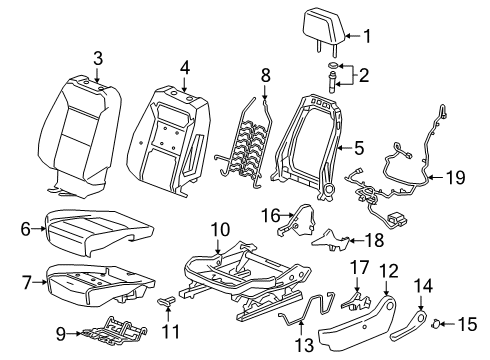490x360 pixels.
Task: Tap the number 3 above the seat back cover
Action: pos(98,59)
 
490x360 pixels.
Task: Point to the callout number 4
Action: pos(184,68)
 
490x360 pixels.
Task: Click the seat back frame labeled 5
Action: pos(318,140)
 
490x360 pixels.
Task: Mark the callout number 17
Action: pos(358,267)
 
